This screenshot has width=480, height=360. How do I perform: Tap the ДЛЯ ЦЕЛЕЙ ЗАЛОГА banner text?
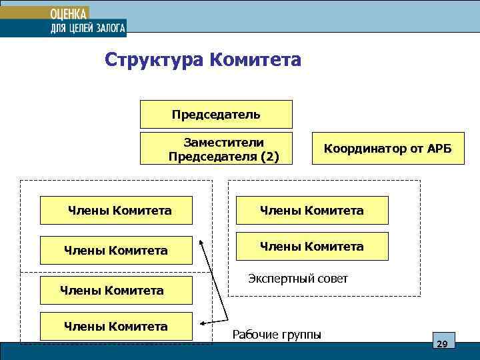click(87, 27)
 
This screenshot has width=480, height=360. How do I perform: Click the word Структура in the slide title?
click(154, 61)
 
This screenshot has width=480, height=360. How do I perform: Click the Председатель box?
click(216, 114)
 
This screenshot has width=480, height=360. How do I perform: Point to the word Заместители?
click(224, 142)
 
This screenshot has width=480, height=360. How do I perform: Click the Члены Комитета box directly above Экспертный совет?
click(311, 246)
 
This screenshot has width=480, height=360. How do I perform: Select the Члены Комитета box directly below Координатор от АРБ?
click(311, 210)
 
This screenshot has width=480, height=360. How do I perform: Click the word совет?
click(332, 279)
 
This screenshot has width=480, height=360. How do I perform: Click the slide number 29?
click(441, 343)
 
